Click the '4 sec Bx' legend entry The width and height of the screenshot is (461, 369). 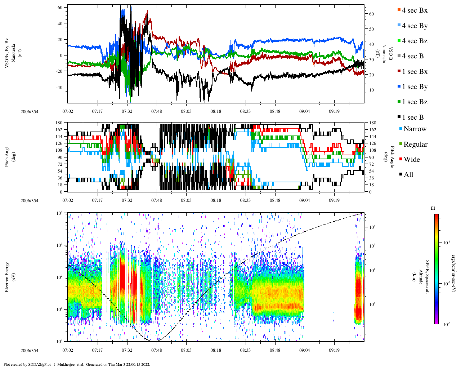pyautogui.click(x=415, y=10)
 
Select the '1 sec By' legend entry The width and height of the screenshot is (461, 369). pyautogui.click(x=415, y=87)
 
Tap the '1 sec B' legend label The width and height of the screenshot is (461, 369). pyautogui.click(x=413, y=117)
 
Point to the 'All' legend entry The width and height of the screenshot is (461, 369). pyautogui.click(x=408, y=175)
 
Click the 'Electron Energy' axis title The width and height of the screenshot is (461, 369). pyautogui.click(x=7, y=277)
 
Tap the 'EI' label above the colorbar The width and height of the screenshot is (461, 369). pyautogui.click(x=433, y=208)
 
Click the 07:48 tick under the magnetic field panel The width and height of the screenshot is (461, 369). pyautogui.click(x=157, y=111)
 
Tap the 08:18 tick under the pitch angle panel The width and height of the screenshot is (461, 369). pyautogui.click(x=216, y=200)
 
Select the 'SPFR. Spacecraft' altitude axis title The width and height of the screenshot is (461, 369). pyautogui.click(x=428, y=277)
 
